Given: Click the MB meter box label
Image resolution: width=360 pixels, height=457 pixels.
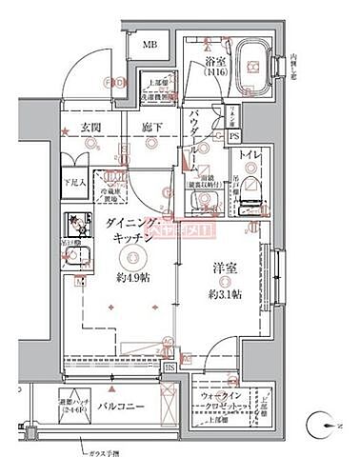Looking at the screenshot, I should [x=150, y=45].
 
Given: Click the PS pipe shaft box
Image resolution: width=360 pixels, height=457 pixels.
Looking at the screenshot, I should [x=235, y=136].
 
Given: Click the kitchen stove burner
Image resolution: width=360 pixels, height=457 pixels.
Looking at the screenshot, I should [x=74, y=225].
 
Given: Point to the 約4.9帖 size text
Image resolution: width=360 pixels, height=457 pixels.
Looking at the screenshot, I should [x=134, y=276].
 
